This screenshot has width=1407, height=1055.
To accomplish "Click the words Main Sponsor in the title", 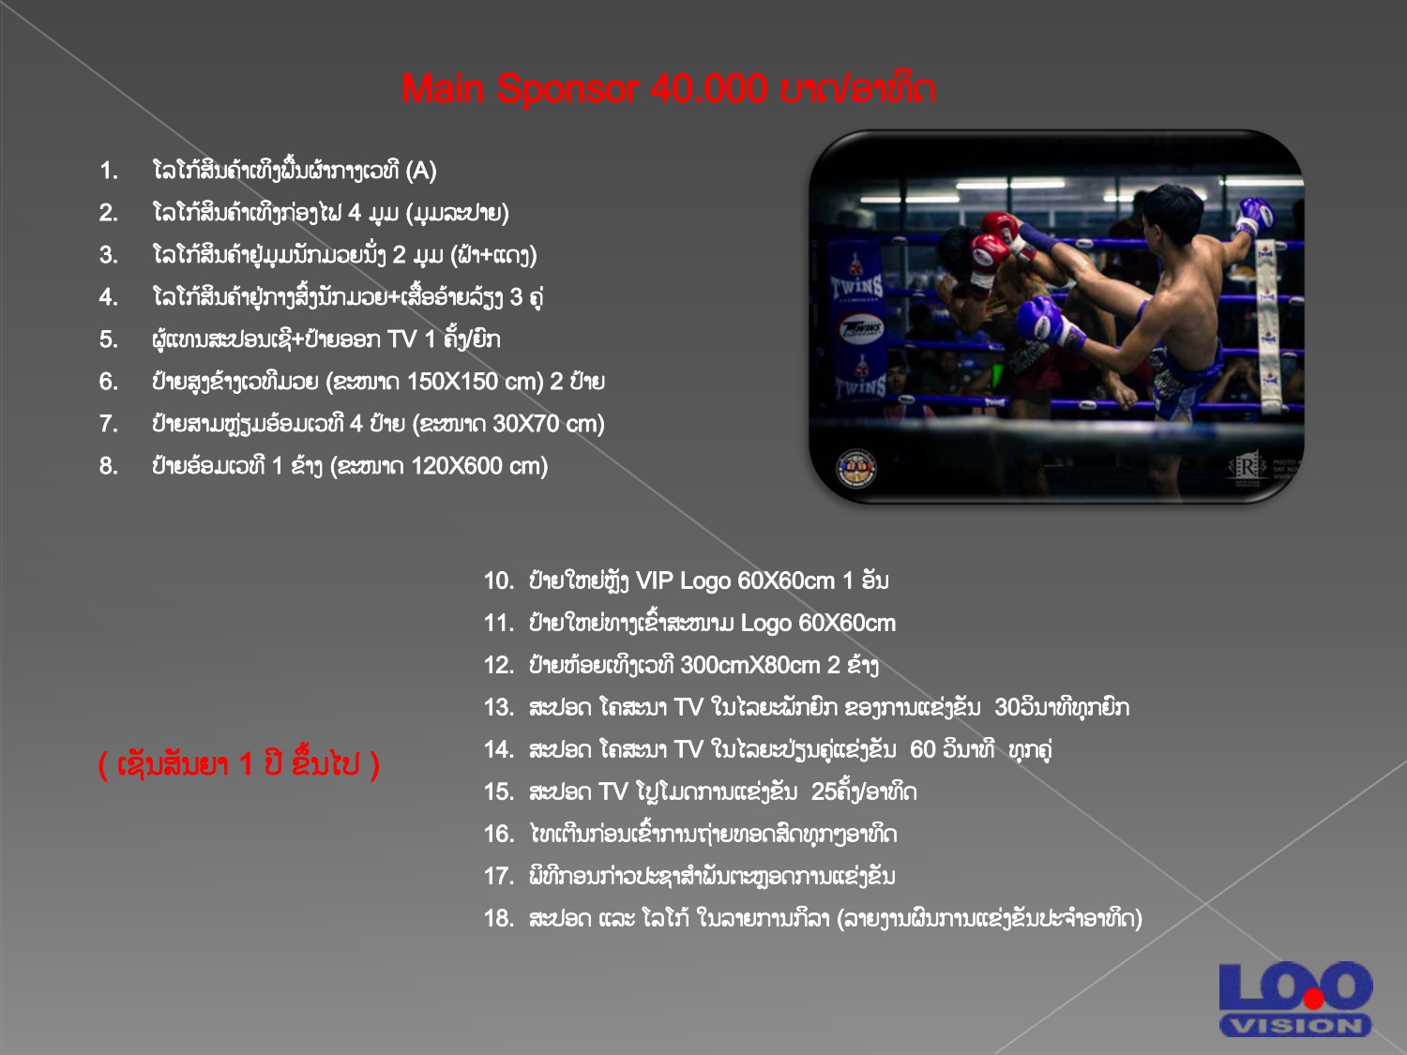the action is point(520,88).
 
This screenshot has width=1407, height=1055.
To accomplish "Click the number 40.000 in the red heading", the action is point(708,88).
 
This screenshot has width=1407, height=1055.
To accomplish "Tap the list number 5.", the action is point(108,339).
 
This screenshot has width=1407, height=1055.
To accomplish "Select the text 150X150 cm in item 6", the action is point(475,382).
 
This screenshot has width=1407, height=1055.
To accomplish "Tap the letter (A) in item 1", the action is point(421,171).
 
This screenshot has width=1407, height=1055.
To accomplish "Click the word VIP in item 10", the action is point(655,581).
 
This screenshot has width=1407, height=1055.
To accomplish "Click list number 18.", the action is point(499,919).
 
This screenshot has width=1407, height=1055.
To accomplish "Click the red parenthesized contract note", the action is point(239,764).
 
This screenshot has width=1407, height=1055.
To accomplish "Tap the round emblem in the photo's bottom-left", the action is point(856,468).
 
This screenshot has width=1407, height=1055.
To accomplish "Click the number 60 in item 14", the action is point(923,749).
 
